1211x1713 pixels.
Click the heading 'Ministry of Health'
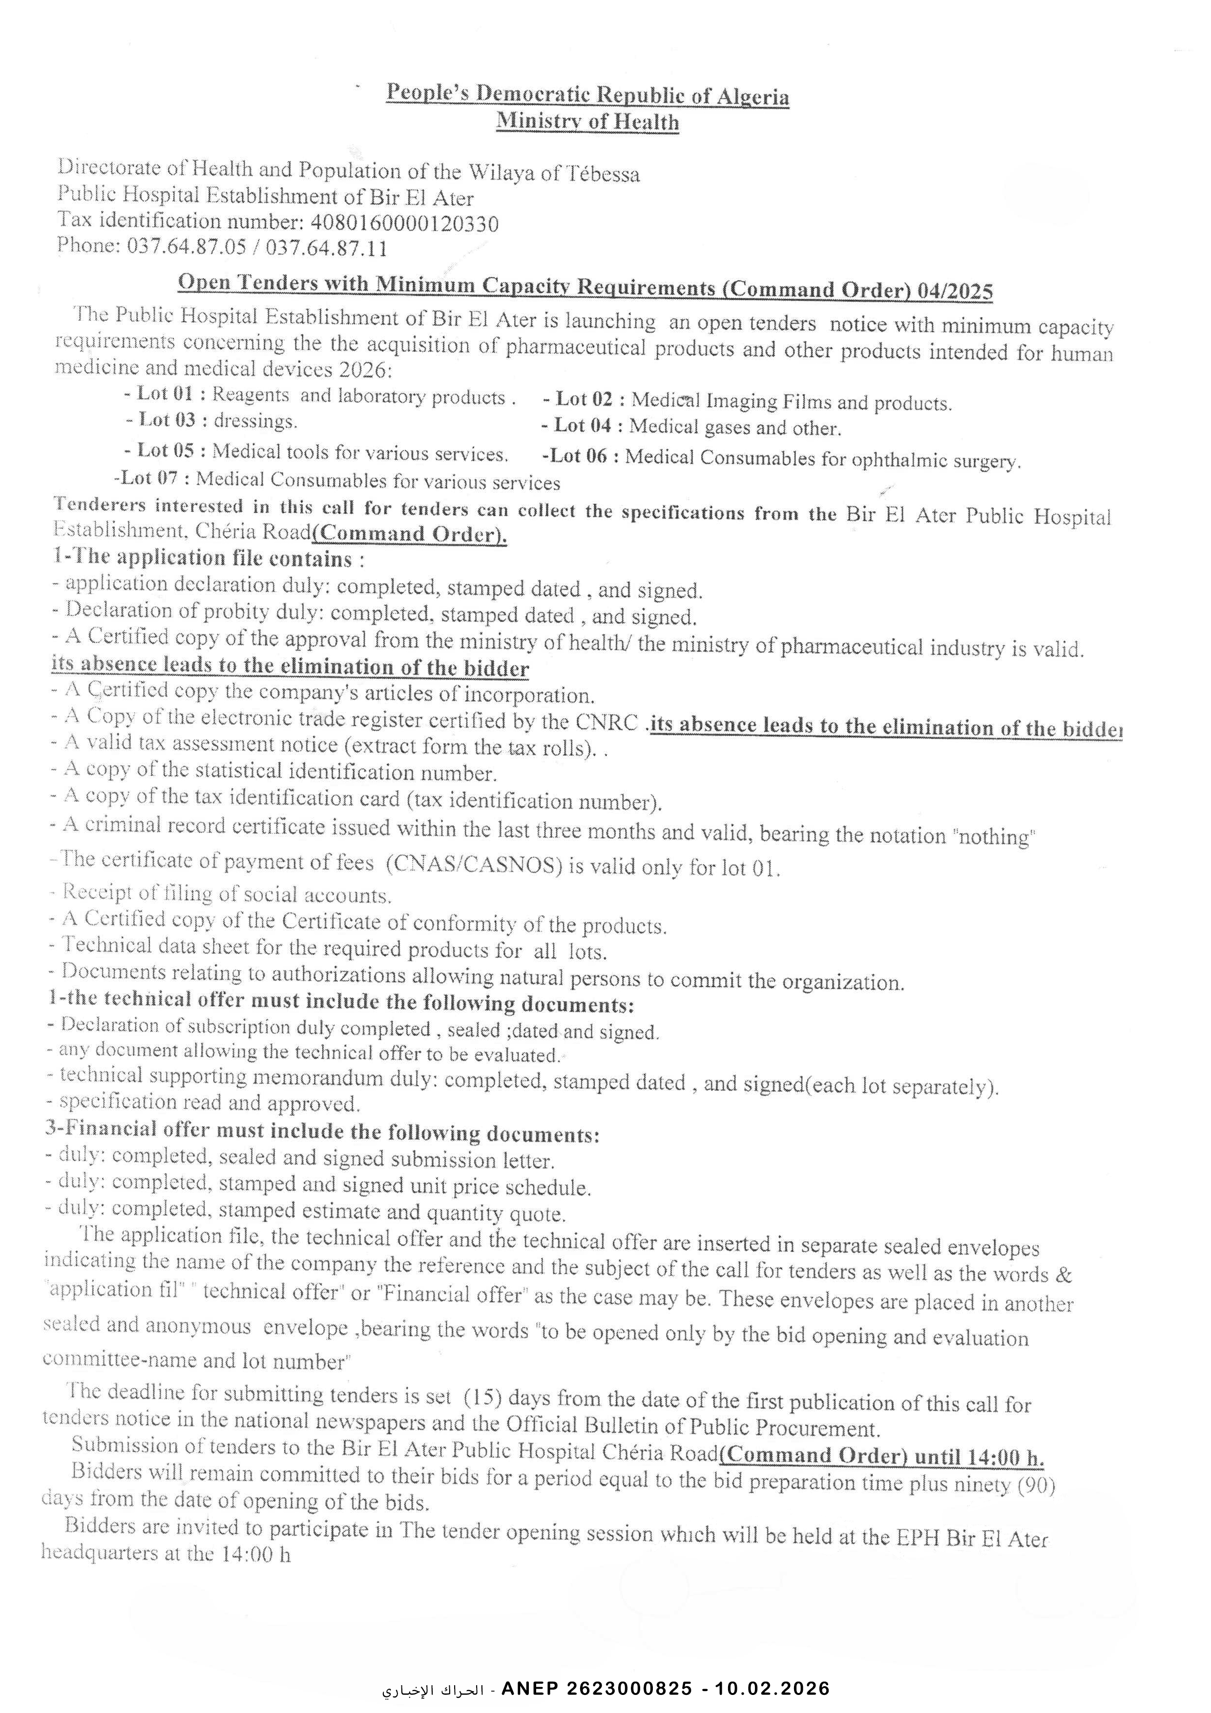tap(588, 121)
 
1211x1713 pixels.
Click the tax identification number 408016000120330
tap(404, 222)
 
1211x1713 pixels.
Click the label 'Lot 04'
tap(582, 426)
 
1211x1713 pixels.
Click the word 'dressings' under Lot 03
tap(255, 421)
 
